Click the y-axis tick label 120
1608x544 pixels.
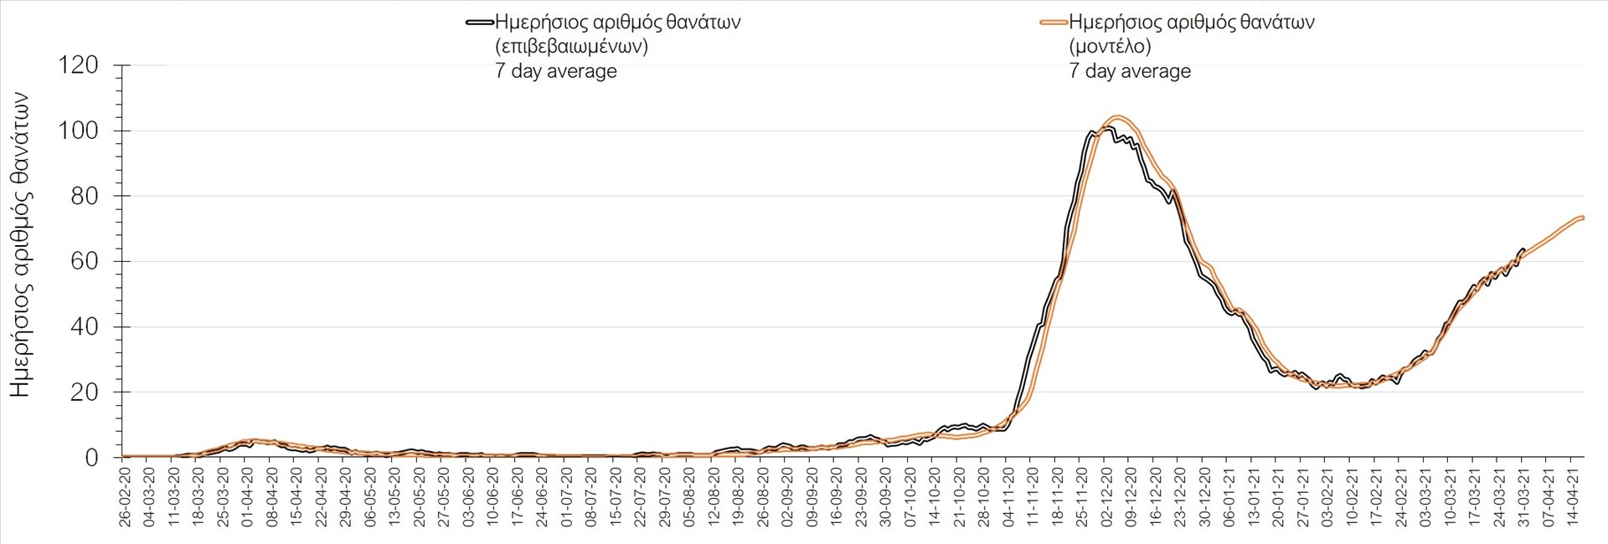tap(78, 65)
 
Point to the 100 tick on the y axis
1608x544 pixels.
tap(78, 131)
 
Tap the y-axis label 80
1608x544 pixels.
tap(84, 196)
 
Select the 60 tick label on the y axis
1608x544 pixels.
tap(84, 261)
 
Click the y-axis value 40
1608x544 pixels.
tap(84, 326)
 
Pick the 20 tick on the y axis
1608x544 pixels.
tap(84, 392)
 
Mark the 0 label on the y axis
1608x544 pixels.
tap(91, 458)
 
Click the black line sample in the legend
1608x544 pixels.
tap(480, 23)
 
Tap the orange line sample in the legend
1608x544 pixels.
tap(1054, 23)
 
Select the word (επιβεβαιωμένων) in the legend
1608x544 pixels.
tap(571, 47)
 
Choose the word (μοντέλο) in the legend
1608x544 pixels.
tap(1110, 47)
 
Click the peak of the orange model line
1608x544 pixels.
tap(1117, 117)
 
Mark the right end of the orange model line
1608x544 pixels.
tap(1582, 218)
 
